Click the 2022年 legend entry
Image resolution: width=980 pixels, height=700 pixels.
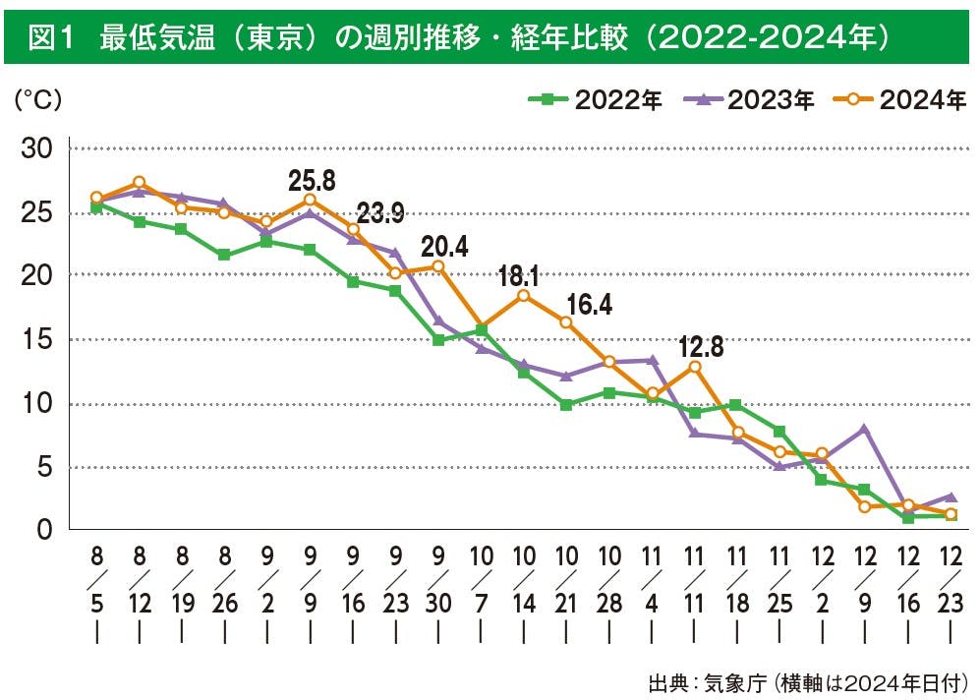point(596,100)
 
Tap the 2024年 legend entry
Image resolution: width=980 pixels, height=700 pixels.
point(899,100)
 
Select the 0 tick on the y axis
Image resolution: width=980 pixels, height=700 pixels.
point(45,530)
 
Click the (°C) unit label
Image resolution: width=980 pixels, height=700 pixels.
point(37,101)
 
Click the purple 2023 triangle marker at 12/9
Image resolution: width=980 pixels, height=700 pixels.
point(864,429)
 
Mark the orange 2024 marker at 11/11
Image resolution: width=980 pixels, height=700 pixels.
point(694,367)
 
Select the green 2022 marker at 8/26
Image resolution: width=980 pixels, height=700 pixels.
point(224,255)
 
